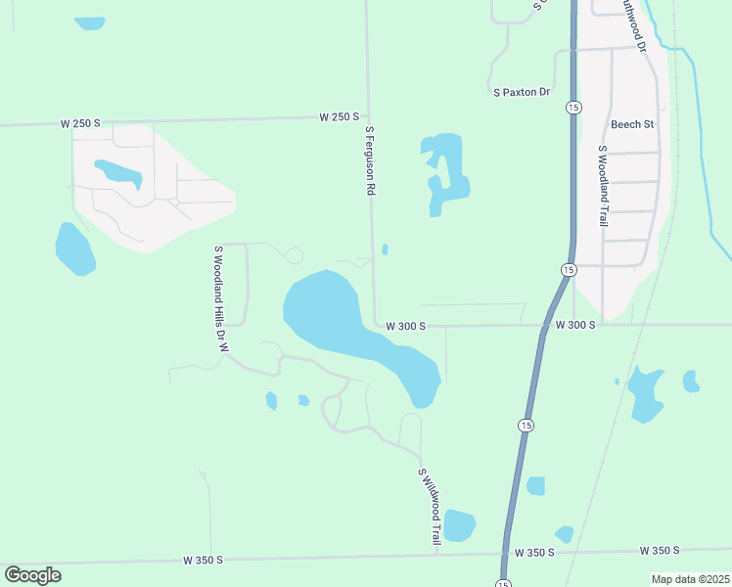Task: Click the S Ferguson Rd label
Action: point(370,161)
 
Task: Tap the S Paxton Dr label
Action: point(522,92)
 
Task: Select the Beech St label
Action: point(631,124)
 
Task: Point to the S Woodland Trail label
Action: point(603,186)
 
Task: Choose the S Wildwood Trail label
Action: point(430,506)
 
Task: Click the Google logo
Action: point(32,575)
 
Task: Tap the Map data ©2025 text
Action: point(690,579)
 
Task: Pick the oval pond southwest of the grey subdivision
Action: point(74,249)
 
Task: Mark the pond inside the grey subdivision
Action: point(119,173)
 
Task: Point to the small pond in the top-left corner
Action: point(89,23)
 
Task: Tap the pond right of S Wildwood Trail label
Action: point(458,525)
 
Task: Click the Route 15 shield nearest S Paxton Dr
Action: point(572,107)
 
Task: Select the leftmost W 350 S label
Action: point(203,560)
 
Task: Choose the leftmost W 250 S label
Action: point(80,123)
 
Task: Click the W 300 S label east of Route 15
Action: point(574,324)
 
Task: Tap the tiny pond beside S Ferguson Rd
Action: point(385,249)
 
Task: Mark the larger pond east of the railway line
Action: point(645,393)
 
